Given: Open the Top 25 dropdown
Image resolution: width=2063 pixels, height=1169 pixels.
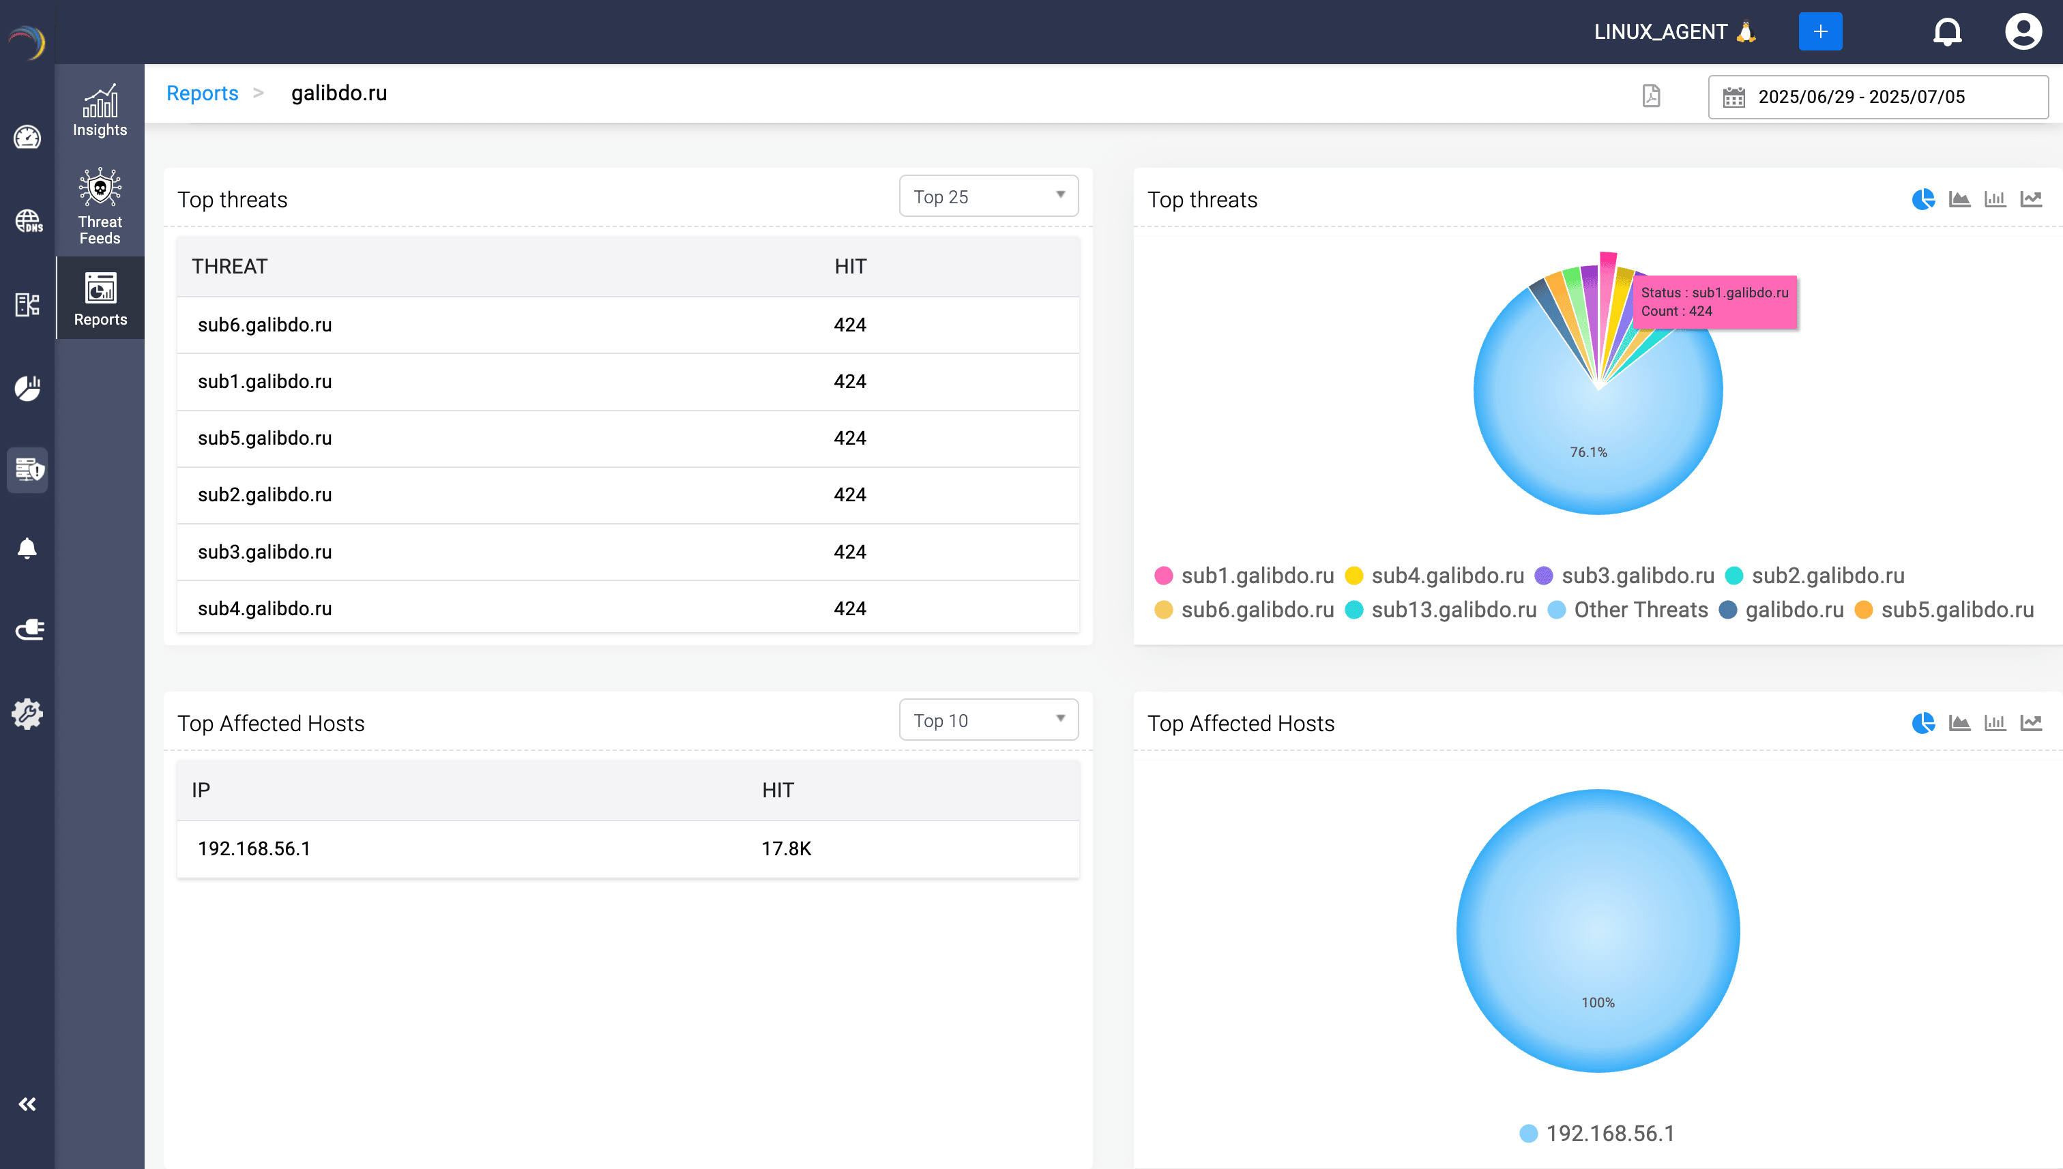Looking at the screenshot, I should click(988, 196).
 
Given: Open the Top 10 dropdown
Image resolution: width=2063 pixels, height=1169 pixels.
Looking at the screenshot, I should click(988, 720).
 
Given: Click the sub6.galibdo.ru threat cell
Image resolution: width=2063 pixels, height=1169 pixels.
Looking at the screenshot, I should click(264, 325).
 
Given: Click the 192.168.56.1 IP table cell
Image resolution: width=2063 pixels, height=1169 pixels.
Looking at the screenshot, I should click(254, 848).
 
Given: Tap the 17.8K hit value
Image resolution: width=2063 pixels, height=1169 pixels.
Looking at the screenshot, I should click(786, 848).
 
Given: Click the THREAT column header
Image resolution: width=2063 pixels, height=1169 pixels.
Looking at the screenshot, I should click(230, 267).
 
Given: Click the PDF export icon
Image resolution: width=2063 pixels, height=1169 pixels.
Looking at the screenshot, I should click(1651, 95).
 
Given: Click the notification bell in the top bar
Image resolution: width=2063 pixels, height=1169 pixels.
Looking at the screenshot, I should click(1946, 32).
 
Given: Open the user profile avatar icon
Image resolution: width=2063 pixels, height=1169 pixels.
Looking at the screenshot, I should click(2022, 32).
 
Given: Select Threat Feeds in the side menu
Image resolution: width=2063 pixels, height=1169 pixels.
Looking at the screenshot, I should click(100, 207).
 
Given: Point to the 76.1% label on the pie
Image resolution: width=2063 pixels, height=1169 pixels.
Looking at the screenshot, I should click(1588, 452).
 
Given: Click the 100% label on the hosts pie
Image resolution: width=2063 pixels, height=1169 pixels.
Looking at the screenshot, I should click(1597, 1002).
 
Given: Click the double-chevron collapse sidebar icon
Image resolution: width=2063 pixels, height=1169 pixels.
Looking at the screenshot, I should click(27, 1104).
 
